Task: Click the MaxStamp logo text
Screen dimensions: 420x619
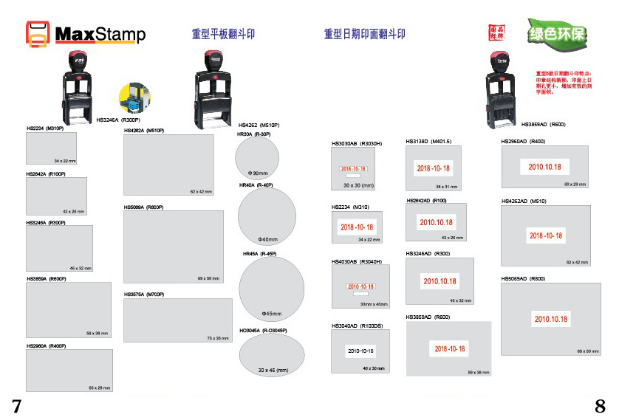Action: [100, 35]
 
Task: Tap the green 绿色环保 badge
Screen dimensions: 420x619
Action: [556, 34]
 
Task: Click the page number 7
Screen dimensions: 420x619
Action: [16, 404]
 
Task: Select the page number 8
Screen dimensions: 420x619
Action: [600, 404]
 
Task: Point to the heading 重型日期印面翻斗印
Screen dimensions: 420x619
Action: [364, 34]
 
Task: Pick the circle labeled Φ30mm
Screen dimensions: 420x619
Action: [257, 159]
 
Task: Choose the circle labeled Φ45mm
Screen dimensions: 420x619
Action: [271, 289]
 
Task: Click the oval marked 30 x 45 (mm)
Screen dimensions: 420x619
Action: [272, 357]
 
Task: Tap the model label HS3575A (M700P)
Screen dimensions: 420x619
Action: [144, 295]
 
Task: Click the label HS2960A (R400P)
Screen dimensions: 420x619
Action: [47, 345]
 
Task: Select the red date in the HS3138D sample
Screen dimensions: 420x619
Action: [433, 168]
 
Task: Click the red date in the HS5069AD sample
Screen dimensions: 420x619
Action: [551, 319]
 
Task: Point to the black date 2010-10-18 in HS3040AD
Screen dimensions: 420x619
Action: [361, 351]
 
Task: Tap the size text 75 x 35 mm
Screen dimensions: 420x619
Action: [218, 338]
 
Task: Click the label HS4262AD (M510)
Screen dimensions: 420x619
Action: [524, 201]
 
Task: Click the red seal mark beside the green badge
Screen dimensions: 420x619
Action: [496, 33]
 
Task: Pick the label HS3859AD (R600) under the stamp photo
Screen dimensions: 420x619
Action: [543, 124]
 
